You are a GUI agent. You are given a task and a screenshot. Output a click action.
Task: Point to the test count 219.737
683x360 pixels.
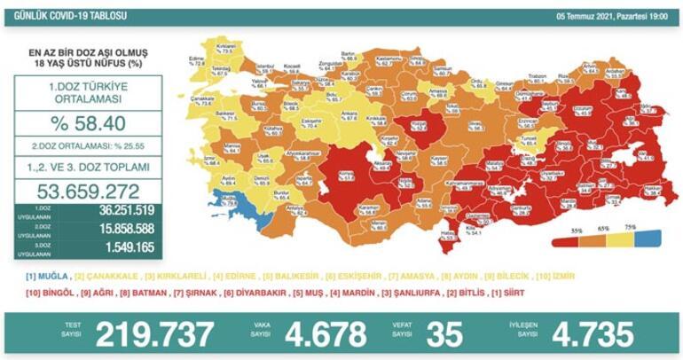(155, 334)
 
